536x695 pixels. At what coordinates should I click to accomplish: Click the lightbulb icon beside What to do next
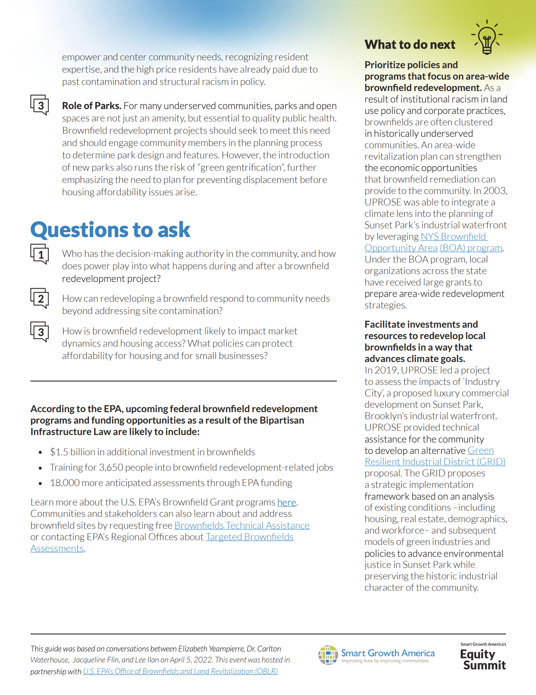pyautogui.click(x=487, y=37)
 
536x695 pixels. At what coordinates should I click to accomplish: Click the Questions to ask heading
pyautogui.click(x=110, y=230)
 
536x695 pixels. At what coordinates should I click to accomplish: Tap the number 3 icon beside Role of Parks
pyautogui.click(x=40, y=105)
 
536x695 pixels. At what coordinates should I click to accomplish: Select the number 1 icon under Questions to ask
pyautogui.click(x=40, y=254)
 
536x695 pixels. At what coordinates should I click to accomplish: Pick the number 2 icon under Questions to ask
pyautogui.click(x=40, y=299)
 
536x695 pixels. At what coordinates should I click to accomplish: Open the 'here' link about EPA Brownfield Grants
pyautogui.click(x=286, y=502)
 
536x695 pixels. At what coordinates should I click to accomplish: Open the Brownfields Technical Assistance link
pyautogui.click(x=242, y=526)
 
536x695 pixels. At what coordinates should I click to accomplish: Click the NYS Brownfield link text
pyautogui.click(x=453, y=237)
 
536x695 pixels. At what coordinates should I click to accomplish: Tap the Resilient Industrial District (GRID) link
pyautogui.click(x=435, y=462)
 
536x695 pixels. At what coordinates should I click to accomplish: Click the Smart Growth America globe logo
pyautogui.click(x=328, y=655)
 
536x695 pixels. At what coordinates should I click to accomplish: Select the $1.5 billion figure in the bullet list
pyautogui.click(x=66, y=452)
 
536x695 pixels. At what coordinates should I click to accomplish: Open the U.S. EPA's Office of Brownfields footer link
pyautogui.click(x=180, y=671)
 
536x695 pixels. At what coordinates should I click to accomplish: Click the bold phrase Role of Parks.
pyautogui.click(x=92, y=106)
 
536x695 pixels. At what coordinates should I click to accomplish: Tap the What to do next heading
pyautogui.click(x=410, y=45)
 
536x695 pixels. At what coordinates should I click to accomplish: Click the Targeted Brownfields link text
pyautogui.click(x=250, y=537)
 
